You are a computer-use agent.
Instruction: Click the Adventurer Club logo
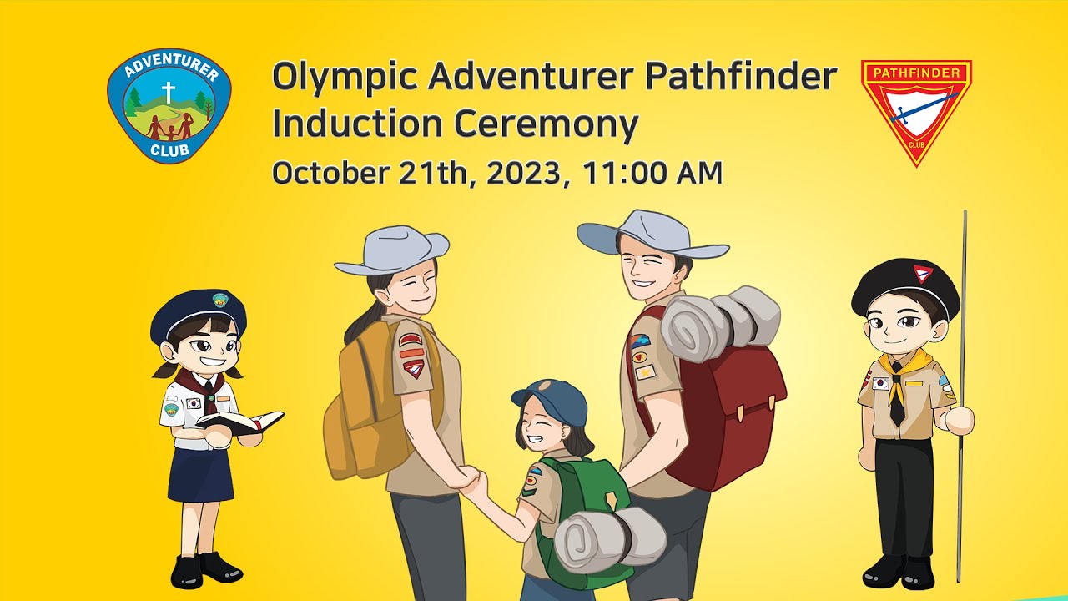click(169, 105)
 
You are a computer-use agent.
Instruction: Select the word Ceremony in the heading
click(547, 124)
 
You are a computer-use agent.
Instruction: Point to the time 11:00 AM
click(652, 173)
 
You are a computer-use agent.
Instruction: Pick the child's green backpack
click(584, 492)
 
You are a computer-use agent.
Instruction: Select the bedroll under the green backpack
click(609, 538)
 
